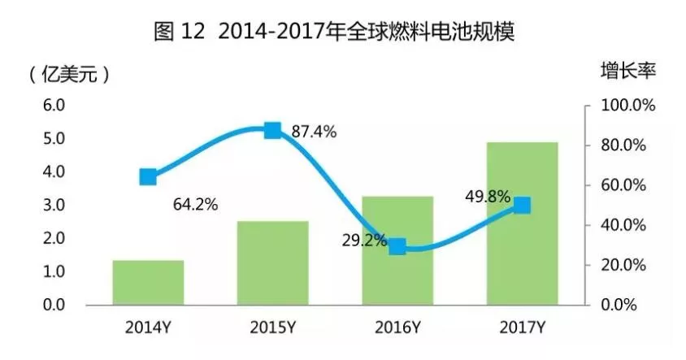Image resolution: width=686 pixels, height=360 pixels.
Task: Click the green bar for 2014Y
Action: [x=148, y=283]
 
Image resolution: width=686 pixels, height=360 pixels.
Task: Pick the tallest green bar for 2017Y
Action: [x=523, y=223]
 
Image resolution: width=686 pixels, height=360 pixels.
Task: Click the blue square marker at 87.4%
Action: [x=273, y=131]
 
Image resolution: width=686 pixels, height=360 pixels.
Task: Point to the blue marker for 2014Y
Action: [x=148, y=177]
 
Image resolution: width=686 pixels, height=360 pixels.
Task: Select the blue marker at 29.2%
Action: [x=397, y=247]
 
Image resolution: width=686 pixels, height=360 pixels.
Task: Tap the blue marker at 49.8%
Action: [x=523, y=206]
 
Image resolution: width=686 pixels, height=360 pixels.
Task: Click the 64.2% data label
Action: [x=195, y=205]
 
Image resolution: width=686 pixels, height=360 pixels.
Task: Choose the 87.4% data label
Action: [x=314, y=132]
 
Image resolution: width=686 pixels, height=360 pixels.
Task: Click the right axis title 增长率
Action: [x=627, y=71]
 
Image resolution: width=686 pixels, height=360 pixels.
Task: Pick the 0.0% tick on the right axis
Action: [x=622, y=305]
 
